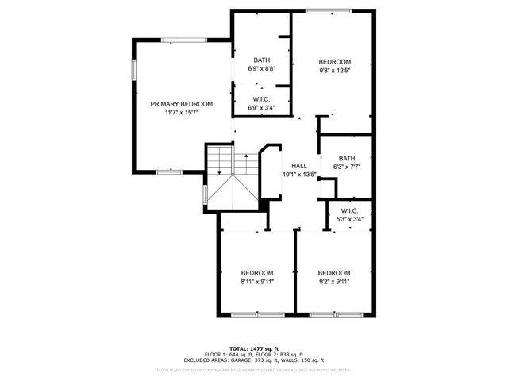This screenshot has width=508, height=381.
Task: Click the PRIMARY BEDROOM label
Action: (182, 104)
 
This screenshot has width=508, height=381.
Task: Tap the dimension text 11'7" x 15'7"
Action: (182, 113)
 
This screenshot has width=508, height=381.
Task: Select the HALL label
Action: (299, 165)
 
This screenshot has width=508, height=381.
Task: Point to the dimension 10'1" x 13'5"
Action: (299, 174)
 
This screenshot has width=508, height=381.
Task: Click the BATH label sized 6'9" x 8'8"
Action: (262, 60)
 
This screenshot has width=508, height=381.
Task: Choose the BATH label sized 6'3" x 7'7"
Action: (346, 158)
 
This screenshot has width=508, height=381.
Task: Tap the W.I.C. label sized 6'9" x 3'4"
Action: (262, 99)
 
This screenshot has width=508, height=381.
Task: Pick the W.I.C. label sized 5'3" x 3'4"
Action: (350, 210)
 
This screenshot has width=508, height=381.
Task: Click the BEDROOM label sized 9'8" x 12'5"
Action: (334, 61)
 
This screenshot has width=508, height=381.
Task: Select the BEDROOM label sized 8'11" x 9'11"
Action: (257, 271)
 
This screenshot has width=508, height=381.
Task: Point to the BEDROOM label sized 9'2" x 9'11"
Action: (334, 271)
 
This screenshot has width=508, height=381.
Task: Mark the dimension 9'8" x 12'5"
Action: (334, 70)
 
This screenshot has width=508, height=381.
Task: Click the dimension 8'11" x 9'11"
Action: (257, 280)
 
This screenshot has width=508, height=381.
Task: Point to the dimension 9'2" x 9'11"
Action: (334, 280)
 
